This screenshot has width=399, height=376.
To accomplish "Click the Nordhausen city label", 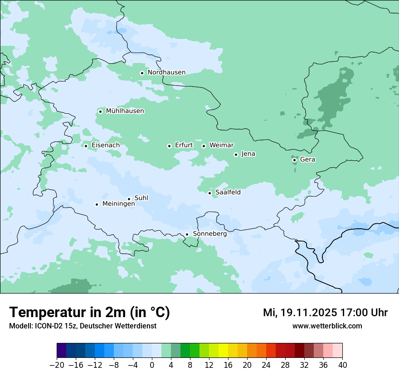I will (166, 72).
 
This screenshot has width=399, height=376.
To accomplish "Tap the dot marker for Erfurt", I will (169, 146).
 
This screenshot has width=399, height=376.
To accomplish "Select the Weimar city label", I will (221, 145).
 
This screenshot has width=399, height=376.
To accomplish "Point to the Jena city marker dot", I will (236, 154).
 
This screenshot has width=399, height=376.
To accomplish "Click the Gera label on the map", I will (307, 159).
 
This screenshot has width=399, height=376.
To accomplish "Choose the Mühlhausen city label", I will (125, 111).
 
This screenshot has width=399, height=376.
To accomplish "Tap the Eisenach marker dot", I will (86, 146).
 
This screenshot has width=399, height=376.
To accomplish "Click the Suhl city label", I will (141, 198).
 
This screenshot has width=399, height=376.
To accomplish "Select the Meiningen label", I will (118, 204).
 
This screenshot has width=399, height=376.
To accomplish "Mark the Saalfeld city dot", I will (210, 193).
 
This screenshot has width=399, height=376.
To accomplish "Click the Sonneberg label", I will (209, 234).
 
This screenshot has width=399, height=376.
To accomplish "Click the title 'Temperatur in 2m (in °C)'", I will (89, 313).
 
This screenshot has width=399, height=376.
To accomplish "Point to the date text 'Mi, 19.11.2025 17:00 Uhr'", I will (325, 313).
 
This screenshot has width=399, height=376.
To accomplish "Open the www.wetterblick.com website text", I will (327, 326).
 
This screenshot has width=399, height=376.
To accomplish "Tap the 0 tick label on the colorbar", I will (152, 365).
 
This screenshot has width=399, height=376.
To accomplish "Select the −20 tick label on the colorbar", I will (57, 365).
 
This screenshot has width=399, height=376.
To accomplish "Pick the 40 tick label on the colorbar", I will (342, 365).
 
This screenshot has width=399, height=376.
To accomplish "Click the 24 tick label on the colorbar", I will (266, 365).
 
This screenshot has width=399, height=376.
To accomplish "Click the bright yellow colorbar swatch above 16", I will (223, 351).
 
